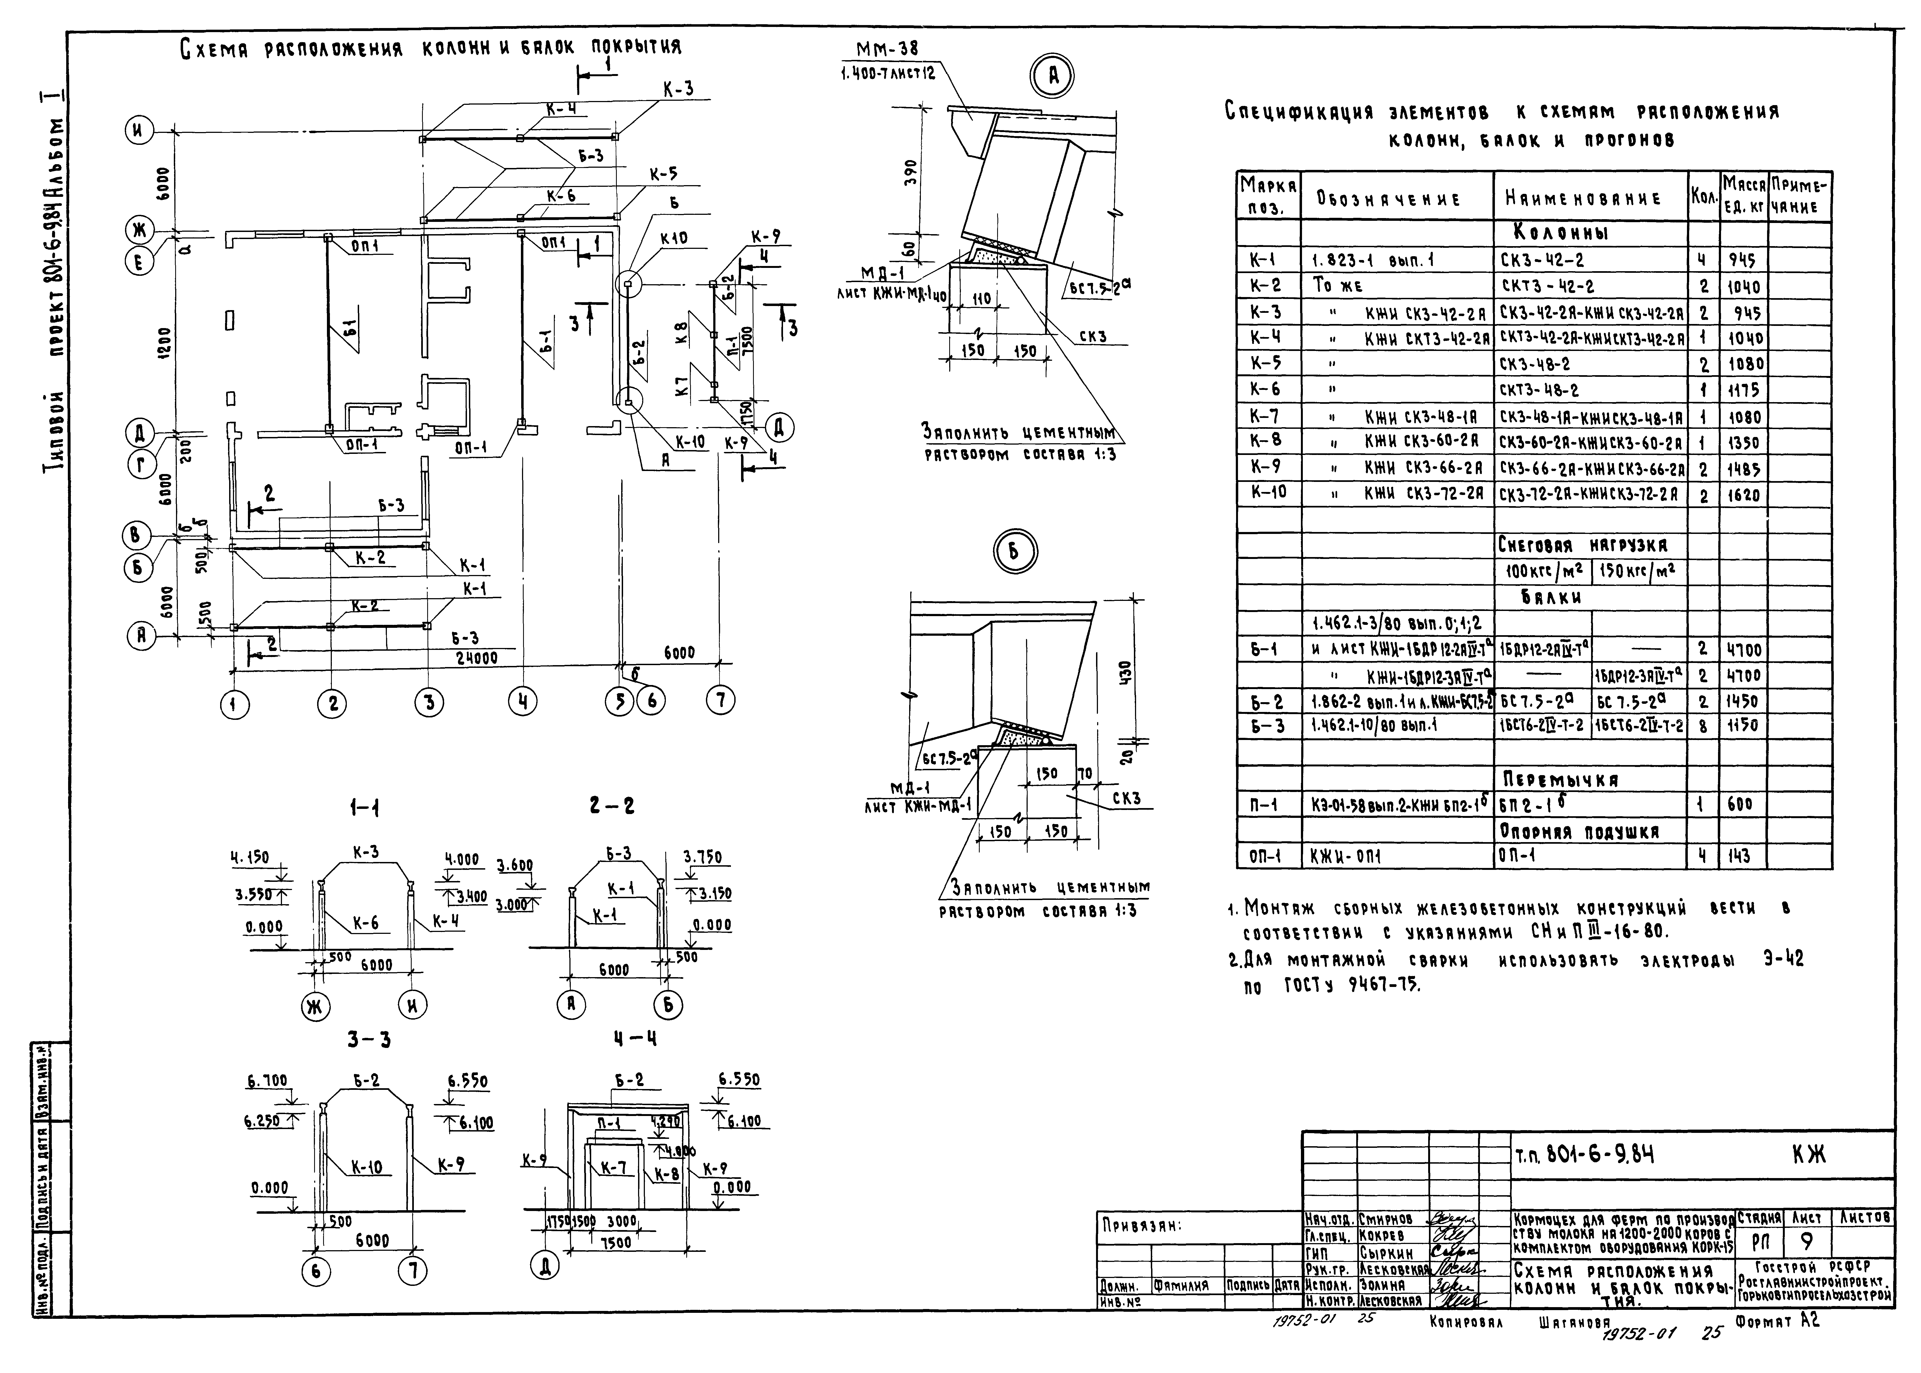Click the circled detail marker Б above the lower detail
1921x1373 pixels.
[x=1014, y=552]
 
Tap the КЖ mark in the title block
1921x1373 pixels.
[x=1808, y=1155]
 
